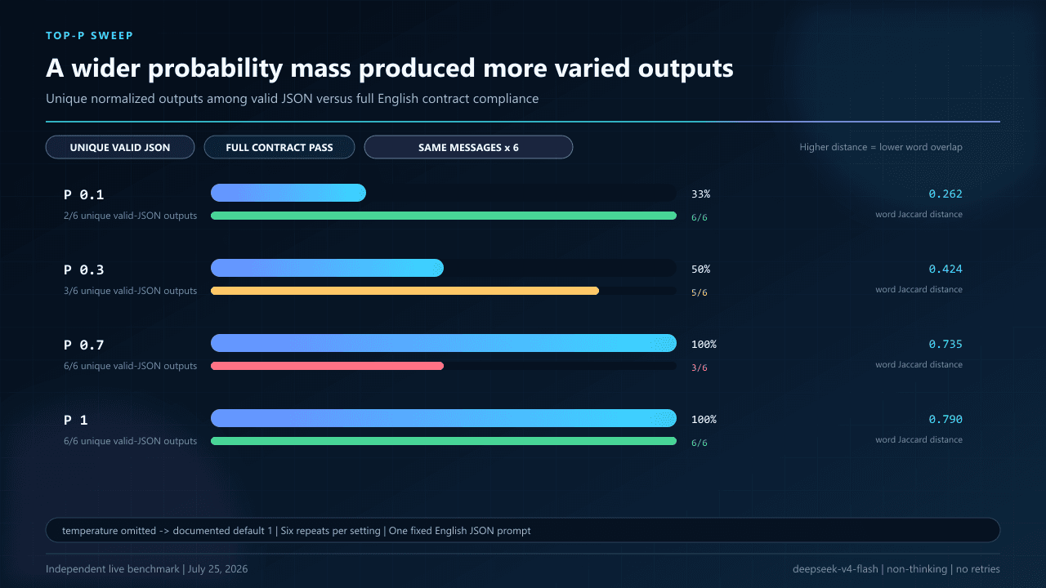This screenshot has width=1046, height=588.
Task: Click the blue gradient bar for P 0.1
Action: pos(288,193)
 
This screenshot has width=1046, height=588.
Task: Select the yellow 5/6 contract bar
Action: pos(405,291)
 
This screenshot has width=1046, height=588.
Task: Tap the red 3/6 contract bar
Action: pos(327,366)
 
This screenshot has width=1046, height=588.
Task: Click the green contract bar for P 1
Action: pos(444,441)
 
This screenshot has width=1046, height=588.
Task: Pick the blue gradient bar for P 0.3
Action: pos(327,268)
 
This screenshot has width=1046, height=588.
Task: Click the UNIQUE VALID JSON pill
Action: pos(120,147)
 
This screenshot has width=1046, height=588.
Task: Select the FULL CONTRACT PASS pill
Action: pos(279,147)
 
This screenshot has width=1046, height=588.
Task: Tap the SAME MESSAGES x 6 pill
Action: pos(468,147)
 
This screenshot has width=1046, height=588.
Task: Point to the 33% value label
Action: pos(700,194)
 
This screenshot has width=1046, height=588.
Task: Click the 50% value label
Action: pos(700,269)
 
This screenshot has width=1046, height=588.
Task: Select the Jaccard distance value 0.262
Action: pos(945,194)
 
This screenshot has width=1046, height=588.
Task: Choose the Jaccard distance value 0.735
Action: pos(945,344)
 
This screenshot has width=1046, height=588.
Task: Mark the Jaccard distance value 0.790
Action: pos(945,419)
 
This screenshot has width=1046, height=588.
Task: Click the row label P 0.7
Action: pos(83,345)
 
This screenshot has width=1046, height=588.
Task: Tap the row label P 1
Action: pos(76,420)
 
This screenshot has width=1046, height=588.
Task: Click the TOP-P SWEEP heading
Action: pos(90,35)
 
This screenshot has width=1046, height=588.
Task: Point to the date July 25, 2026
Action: pos(217,569)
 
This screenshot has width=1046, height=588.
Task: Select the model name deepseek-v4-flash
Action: pos(835,569)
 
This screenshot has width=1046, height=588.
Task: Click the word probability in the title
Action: pos(215,69)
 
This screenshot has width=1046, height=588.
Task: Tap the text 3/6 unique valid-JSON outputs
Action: pos(130,291)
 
